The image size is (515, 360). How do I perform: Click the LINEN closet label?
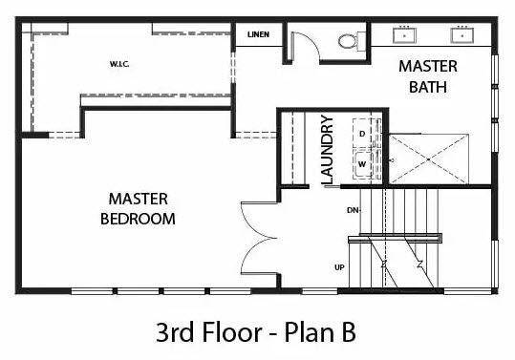point(259,34)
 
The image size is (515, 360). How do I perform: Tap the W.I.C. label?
point(119,64)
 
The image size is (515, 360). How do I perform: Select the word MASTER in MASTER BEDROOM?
point(139,200)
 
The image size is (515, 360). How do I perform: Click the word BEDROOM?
point(138,219)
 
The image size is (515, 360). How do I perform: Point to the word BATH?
point(428,87)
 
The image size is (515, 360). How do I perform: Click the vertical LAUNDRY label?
point(328,150)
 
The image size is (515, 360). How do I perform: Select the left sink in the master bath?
point(405,35)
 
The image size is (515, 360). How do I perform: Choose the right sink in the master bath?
point(462,35)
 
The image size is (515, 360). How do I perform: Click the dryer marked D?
point(364,134)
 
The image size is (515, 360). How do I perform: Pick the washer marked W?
point(363,164)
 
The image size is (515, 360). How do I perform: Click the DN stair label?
point(353,210)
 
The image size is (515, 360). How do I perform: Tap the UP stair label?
point(339,267)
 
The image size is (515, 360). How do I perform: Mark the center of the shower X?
point(429,159)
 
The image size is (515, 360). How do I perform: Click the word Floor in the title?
point(232,331)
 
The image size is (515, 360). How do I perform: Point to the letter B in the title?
point(348,332)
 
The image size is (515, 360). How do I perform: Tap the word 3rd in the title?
point(175,331)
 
